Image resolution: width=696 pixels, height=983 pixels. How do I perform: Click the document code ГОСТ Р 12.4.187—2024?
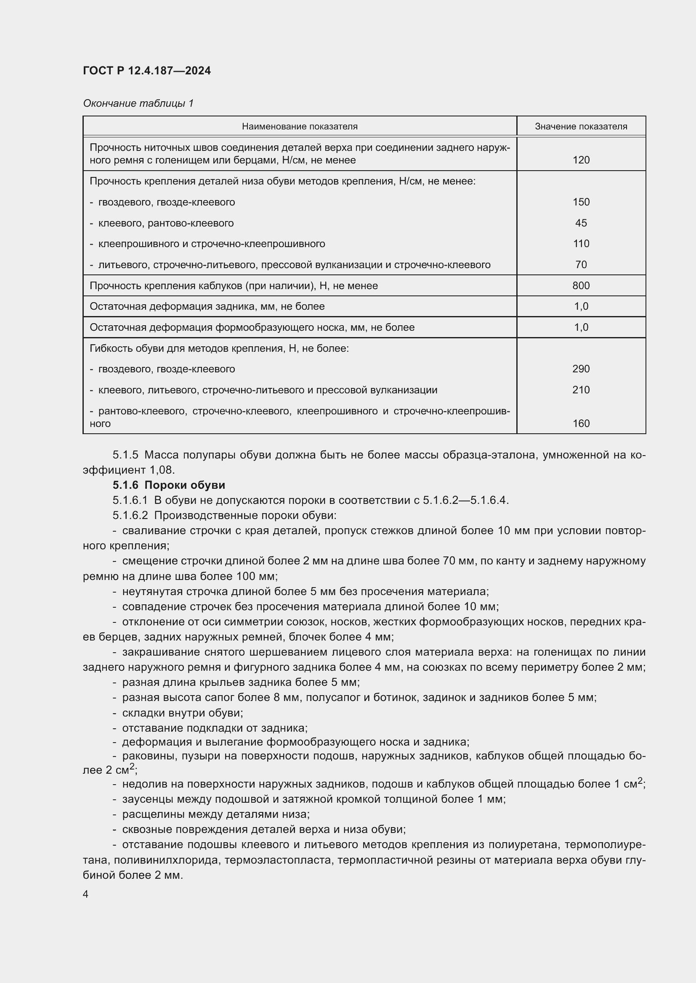click(146, 71)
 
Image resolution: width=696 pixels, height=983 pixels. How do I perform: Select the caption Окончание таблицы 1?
click(138, 103)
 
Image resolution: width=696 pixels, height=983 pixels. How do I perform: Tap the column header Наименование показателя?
click(300, 126)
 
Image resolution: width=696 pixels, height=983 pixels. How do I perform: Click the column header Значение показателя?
click(581, 126)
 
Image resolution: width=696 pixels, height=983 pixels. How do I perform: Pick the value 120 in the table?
click(581, 160)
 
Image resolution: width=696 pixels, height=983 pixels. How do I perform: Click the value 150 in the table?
click(581, 202)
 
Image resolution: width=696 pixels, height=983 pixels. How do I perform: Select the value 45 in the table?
click(581, 223)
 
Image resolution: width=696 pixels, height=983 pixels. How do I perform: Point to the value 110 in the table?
click(581, 244)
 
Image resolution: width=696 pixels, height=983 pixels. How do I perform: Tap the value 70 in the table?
click(581, 265)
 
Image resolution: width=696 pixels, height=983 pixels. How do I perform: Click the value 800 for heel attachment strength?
click(581, 285)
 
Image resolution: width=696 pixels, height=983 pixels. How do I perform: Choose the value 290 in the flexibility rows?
click(581, 369)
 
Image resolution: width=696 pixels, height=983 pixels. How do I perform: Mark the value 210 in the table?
click(581, 390)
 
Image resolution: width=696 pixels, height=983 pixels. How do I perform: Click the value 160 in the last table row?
click(581, 424)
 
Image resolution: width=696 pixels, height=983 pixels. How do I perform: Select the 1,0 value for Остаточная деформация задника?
click(581, 306)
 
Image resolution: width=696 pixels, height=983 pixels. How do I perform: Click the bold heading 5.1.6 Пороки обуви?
click(169, 485)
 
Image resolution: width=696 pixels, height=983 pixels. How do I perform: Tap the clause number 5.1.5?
click(125, 455)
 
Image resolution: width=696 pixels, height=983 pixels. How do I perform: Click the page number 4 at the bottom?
click(86, 894)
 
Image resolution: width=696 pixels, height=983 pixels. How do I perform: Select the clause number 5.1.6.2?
click(130, 516)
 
